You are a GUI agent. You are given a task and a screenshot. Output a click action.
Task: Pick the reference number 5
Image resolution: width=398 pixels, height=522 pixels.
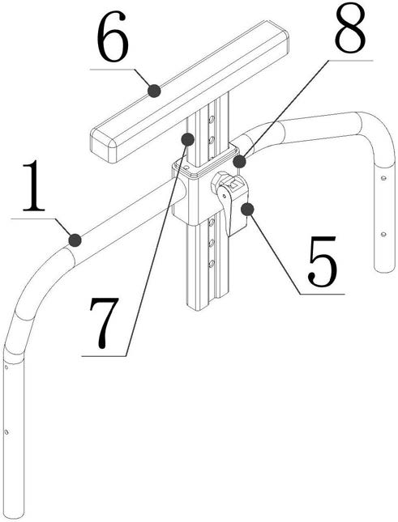click(x=323, y=261)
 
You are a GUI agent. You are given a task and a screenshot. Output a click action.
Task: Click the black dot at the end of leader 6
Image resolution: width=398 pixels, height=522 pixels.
click(x=154, y=91)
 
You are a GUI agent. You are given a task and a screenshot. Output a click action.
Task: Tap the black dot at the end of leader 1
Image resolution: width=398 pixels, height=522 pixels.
click(x=75, y=240)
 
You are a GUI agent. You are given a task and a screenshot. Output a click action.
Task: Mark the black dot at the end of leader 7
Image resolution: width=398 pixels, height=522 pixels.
click(x=188, y=139)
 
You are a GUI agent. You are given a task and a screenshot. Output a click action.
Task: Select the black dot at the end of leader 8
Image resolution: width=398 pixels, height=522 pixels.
click(x=239, y=162)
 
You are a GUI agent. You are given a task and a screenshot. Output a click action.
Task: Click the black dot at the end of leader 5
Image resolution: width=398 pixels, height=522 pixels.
click(x=247, y=210)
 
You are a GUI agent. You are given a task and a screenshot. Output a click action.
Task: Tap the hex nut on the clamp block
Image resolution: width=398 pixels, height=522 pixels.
click(x=218, y=180)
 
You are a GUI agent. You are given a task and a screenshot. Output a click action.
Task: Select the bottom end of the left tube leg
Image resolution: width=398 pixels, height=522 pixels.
click(x=15, y=514)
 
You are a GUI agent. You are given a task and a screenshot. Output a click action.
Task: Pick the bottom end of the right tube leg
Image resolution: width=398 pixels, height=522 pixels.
click(x=385, y=269)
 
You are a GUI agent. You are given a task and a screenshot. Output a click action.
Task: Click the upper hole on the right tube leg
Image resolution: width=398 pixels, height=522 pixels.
click(x=383, y=178)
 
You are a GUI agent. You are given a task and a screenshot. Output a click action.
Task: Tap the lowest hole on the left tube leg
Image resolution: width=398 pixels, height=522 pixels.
click(x=6, y=432)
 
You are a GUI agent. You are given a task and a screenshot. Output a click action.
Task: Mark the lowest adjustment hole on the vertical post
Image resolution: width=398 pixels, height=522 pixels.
click(x=212, y=265)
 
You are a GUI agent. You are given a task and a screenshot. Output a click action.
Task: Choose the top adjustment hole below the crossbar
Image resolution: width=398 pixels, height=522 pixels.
click(x=211, y=118)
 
